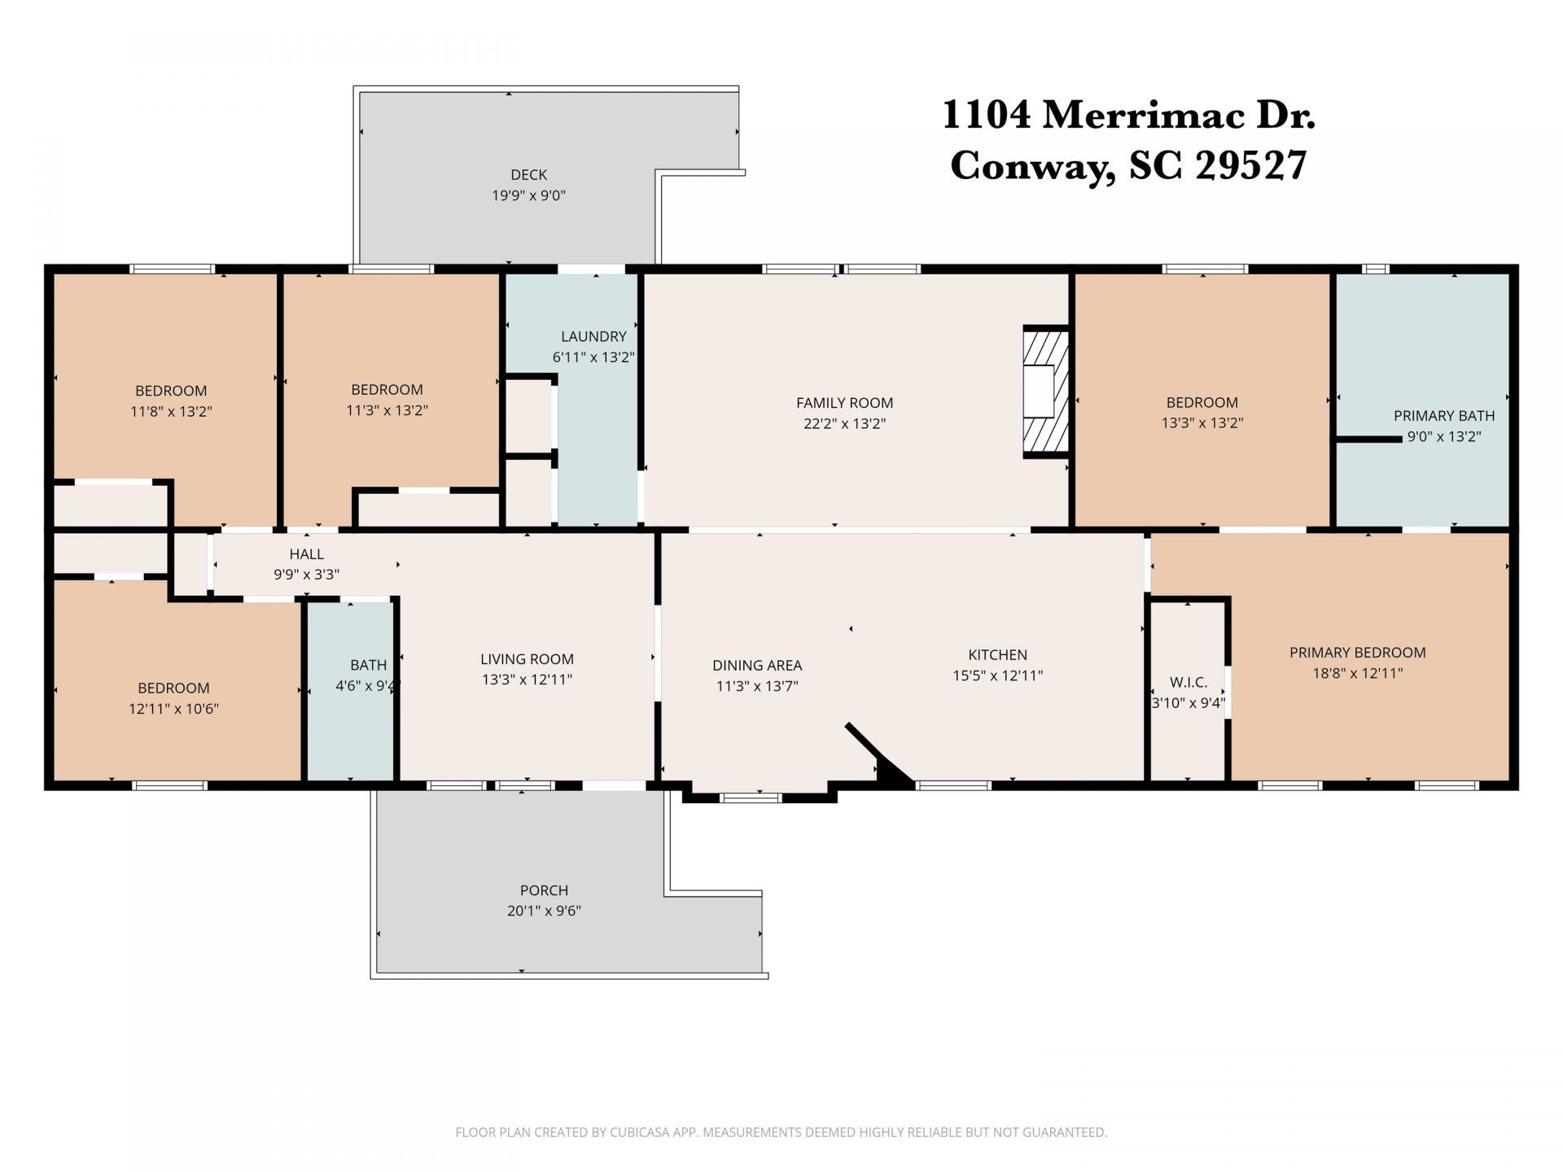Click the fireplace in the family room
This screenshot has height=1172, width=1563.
pos(1045,392)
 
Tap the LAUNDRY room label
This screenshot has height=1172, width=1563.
pos(593,336)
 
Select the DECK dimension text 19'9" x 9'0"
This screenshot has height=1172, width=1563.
pos(528,195)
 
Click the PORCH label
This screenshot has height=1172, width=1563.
pos(544,890)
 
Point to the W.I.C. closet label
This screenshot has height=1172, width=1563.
pos(1188,682)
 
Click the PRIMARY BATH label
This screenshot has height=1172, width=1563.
pos(1443,416)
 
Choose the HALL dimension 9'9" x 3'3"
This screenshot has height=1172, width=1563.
pos(306,575)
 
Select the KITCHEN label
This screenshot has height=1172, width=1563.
pos(997,654)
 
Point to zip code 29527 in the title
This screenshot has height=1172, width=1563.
pos(1250,166)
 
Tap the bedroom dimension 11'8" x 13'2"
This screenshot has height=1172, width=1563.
pos(171,412)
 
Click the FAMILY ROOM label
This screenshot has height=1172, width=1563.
pos(844,403)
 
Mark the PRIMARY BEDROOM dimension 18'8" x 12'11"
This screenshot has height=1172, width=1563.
pos(1357,674)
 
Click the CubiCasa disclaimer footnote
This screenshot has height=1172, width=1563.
pos(781,1132)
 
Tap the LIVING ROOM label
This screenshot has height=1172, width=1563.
pos(527,659)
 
